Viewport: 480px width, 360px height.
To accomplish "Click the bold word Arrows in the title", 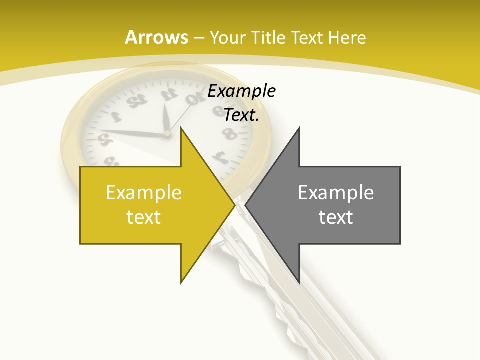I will pyautogui.click(x=156, y=37).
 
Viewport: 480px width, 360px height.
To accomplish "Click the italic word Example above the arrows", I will pyautogui.click(x=242, y=91).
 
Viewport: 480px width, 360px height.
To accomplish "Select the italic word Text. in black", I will pyautogui.click(x=242, y=115).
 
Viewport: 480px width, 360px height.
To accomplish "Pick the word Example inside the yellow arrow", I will pyautogui.click(x=143, y=193).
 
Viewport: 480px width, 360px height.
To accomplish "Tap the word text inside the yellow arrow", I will pyautogui.click(x=143, y=217).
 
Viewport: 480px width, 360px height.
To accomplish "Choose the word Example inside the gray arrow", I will pyautogui.click(x=336, y=193).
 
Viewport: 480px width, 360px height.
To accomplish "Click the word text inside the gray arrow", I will pyautogui.click(x=336, y=217).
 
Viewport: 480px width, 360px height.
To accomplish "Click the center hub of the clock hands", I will pyautogui.click(x=167, y=133).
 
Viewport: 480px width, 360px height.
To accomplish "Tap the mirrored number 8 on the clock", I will pyautogui.click(x=229, y=134).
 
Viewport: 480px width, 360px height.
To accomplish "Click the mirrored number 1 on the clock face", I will pyautogui.click(x=115, y=118).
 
